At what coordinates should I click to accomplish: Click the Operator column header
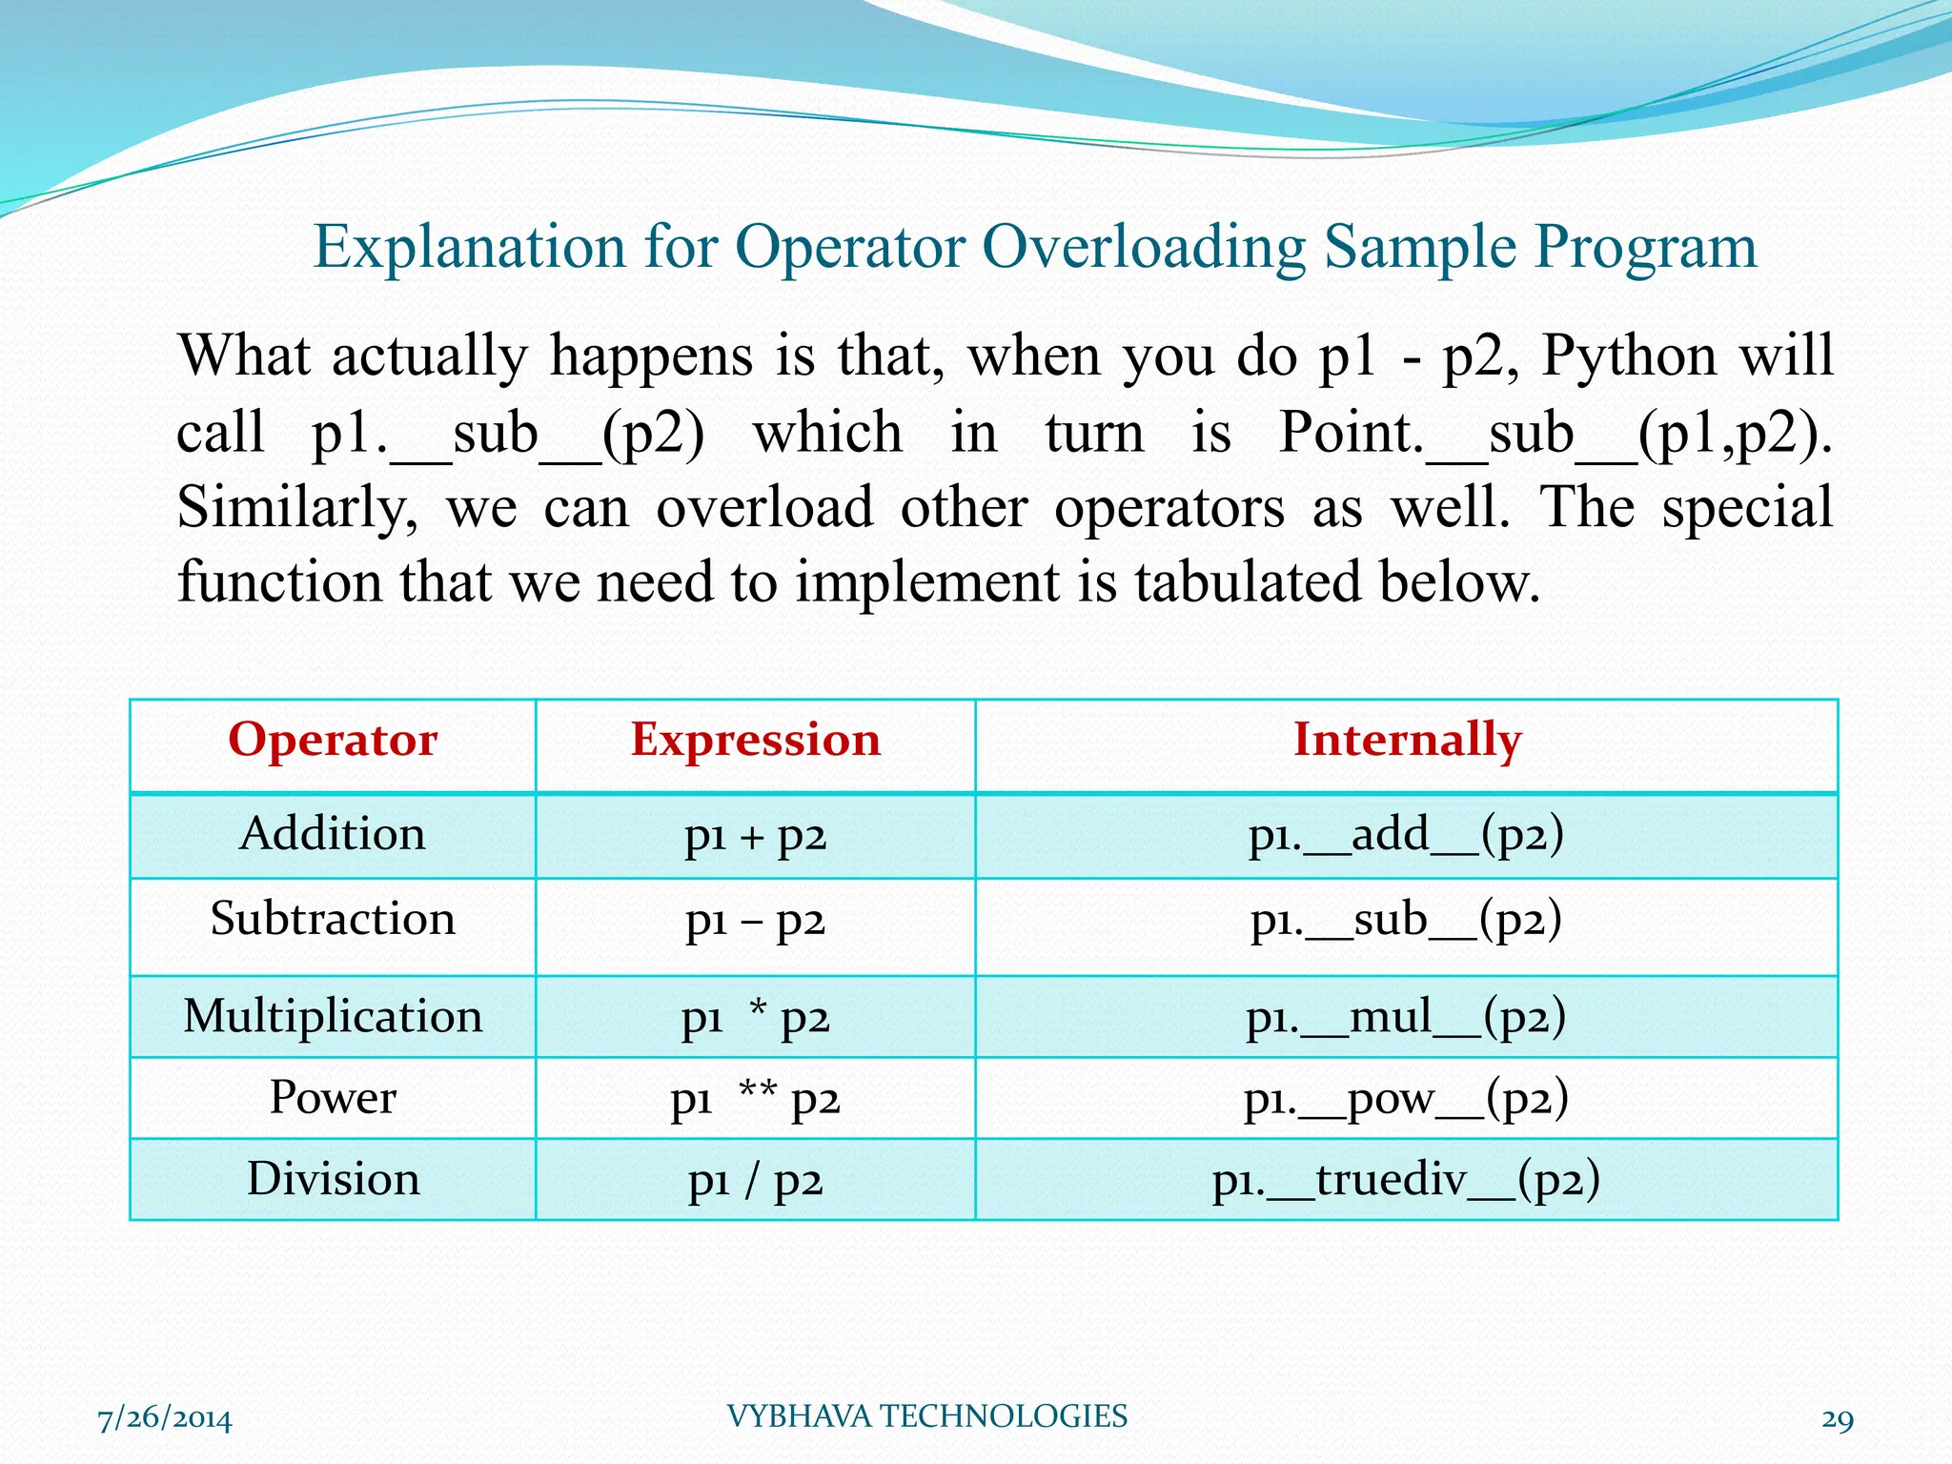point(333,741)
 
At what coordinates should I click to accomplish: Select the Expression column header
point(755,741)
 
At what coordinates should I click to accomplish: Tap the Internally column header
point(1407,741)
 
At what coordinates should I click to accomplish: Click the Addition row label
point(333,834)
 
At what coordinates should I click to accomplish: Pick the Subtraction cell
point(333,920)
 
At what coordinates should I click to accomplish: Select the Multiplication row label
point(333,1016)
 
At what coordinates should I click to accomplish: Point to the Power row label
point(333,1097)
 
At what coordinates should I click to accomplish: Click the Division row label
point(333,1179)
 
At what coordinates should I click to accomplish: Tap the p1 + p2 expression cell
point(755,836)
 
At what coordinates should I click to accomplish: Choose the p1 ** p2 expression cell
point(755,1099)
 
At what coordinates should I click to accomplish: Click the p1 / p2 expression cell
point(755,1181)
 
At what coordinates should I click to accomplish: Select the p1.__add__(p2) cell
point(1407,835)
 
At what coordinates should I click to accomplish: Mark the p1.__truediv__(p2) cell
point(1407,1180)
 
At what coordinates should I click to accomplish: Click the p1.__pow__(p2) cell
point(1407,1099)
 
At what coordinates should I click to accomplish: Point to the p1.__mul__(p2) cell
point(1407,1017)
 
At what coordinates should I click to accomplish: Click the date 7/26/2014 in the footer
point(165,1418)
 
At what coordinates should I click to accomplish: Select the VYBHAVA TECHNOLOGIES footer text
point(926,1416)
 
